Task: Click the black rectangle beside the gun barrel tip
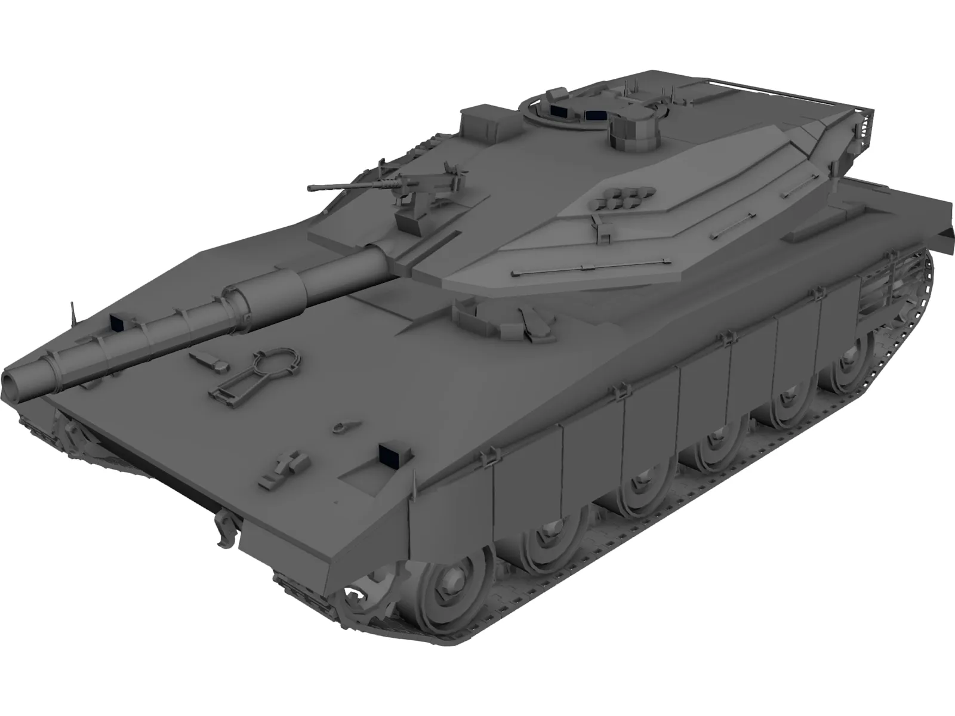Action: pyautogui.click(x=116, y=323)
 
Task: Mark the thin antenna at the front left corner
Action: pyautogui.click(x=73, y=311)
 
